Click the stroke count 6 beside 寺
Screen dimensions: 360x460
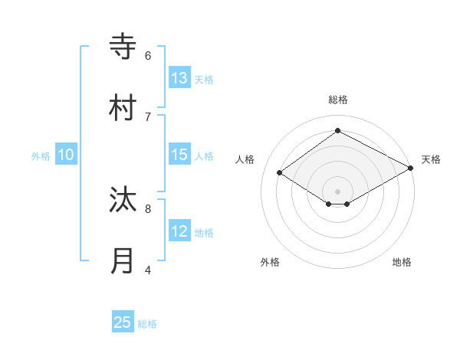[x=148, y=55]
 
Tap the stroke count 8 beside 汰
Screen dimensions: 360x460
[x=148, y=208]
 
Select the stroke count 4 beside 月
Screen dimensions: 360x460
[x=148, y=269]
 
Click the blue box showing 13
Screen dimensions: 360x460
[x=179, y=78]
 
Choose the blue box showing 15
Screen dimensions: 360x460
[x=179, y=155]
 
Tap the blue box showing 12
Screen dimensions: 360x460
[x=179, y=231]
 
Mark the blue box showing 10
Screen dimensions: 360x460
[x=66, y=155]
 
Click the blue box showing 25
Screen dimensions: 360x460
[x=123, y=322]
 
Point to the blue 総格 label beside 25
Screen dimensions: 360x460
[x=147, y=324]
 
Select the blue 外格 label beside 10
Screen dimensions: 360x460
[x=41, y=156]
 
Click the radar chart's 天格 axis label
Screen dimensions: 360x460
[x=431, y=159]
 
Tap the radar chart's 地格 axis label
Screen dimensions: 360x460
[x=402, y=262]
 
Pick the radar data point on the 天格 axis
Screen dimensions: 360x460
[x=411, y=167]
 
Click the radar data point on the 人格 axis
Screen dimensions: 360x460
[x=280, y=173]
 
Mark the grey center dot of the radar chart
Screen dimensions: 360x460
[x=338, y=191]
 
